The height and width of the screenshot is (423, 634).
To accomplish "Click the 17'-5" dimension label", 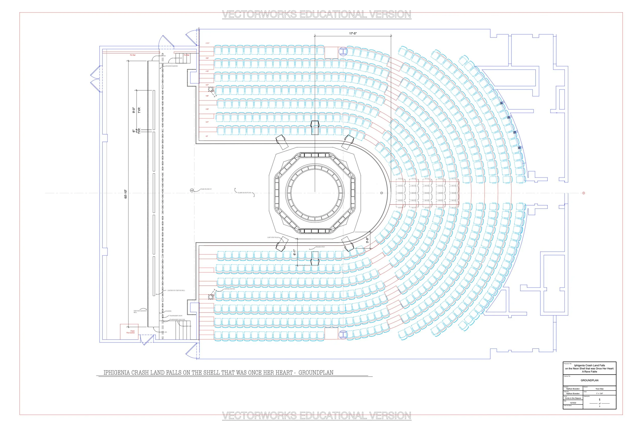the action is (x=353, y=33).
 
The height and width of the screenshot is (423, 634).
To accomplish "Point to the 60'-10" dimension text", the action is (x=126, y=194).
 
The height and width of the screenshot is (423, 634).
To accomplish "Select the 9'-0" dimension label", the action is (x=134, y=110).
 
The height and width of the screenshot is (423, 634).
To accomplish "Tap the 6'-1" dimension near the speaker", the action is (x=295, y=252).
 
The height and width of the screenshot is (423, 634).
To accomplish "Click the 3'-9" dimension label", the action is (x=367, y=240).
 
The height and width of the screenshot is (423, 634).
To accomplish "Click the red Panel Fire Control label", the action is (x=131, y=332).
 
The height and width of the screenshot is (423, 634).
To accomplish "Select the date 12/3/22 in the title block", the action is (x=573, y=403).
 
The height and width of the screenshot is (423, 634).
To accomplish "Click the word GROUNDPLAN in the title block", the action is (x=590, y=380).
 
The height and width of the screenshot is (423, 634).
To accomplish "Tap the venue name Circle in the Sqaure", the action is (x=573, y=398).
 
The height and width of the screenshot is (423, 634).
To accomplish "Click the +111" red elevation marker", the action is (x=207, y=43).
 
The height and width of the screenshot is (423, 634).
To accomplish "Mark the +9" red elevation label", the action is (x=207, y=136).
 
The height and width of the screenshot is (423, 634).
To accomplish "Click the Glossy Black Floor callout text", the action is (x=244, y=193).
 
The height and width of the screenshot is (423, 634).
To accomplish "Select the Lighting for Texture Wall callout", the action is (x=176, y=291).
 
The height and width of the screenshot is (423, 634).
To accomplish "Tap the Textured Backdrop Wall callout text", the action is (x=140, y=311).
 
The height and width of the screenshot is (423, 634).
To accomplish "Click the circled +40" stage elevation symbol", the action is (x=192, y=191).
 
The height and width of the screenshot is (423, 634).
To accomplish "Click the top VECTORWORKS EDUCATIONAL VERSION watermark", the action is (x=317, y=14).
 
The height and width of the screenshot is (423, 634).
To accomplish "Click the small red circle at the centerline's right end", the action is (x=584, y=193).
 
